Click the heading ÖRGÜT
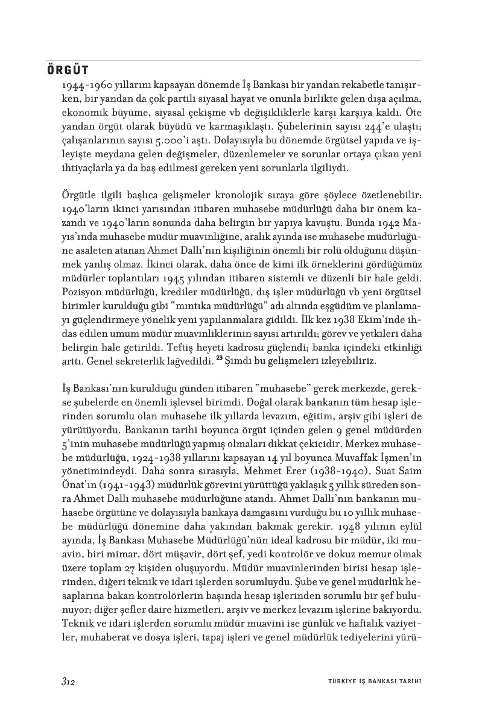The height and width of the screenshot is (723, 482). click(x=68, y=70)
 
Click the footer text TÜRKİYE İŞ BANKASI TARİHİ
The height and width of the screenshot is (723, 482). click(x=369, y=681)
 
